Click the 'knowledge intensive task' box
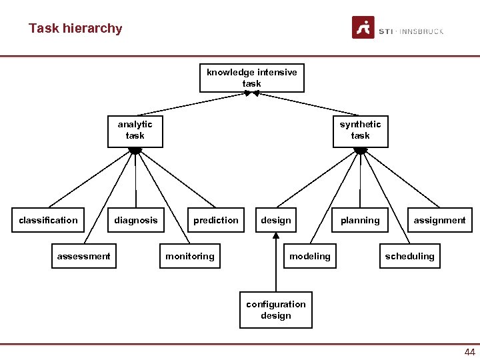point(252,78)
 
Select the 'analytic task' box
point(135,130)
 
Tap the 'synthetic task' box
point(360,130)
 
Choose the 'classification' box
point(48,221)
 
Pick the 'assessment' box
point(84,257)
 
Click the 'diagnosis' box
point(136,221)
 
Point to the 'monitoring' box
point(190,257)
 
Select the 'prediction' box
point(216,221)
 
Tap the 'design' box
point(276,221)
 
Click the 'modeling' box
point(310,257)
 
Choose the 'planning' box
point(360,221)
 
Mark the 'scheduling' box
point(409,257)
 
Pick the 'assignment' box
point(440,221)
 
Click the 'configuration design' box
point(276,310)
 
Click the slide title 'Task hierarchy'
point(75,29)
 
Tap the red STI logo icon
point(363,28)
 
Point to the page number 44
point(469,352)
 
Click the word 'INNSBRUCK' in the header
point(423,31)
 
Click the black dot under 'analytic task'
point(135,151)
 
